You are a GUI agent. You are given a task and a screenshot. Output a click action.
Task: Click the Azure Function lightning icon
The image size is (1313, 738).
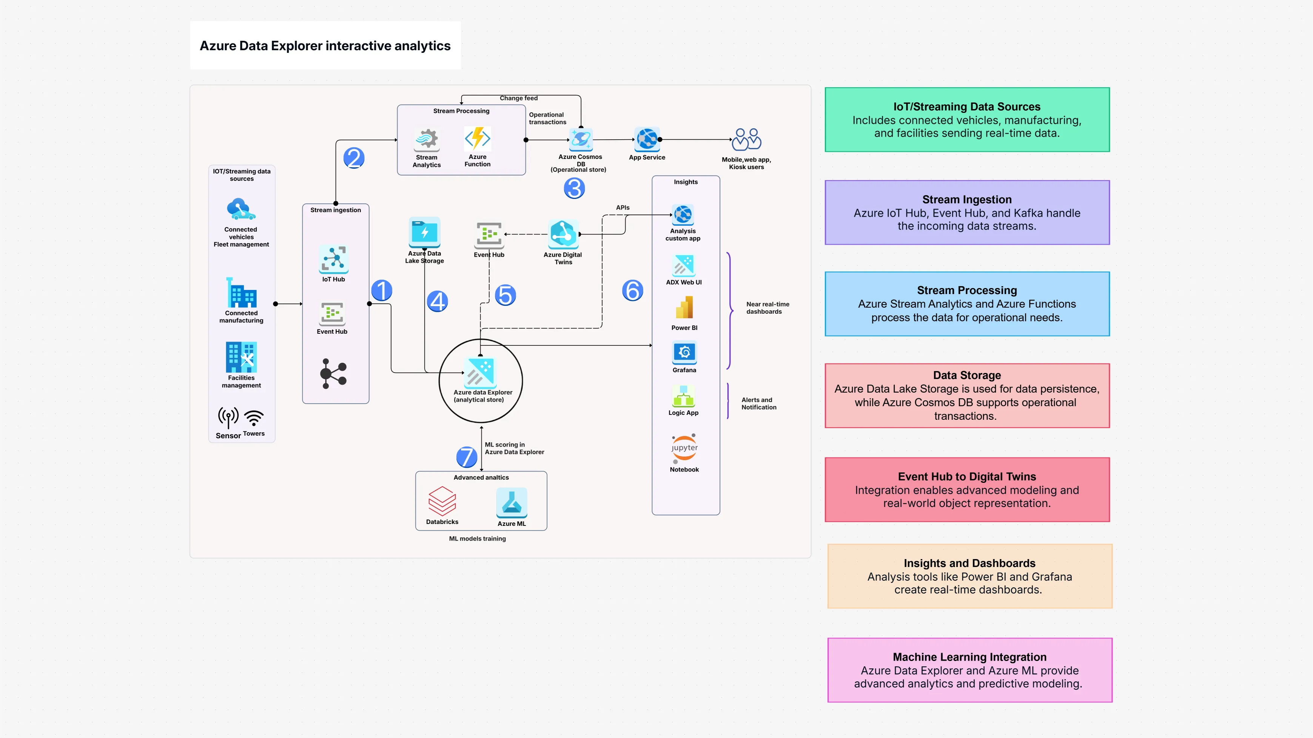pos(477,138)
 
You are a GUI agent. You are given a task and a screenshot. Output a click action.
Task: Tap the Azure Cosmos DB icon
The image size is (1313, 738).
pos(581,139)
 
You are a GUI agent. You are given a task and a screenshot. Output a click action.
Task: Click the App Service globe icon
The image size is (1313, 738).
pos(647,139)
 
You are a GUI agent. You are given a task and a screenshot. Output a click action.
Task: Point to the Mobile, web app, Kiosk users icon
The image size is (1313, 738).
pos(746,139)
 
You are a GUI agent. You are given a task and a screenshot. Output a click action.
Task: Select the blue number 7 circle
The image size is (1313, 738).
pos(466,457)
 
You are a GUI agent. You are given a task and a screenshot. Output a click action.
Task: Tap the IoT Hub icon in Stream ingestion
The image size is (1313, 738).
pos(333,259)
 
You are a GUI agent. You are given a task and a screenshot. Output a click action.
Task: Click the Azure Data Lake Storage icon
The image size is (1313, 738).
pos(424,233)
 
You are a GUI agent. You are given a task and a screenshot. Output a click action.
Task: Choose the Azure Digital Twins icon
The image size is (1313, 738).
pos(563,234)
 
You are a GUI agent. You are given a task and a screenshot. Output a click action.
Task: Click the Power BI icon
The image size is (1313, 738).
pos(684,308)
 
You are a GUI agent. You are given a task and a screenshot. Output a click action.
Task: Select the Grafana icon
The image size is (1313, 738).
pos(684,352)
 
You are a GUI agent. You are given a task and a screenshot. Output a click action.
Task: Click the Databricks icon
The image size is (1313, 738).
pos(442,501)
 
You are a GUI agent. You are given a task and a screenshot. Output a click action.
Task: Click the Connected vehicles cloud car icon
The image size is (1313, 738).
pos(240,209)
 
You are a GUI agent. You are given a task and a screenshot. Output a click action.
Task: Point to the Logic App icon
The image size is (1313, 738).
pos(684,396)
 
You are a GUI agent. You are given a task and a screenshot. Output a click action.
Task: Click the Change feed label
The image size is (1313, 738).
pos(518,98)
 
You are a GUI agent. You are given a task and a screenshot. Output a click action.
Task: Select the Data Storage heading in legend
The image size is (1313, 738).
pos(966,375)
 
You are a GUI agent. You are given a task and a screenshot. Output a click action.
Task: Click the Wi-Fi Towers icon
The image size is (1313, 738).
pos(254,418)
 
